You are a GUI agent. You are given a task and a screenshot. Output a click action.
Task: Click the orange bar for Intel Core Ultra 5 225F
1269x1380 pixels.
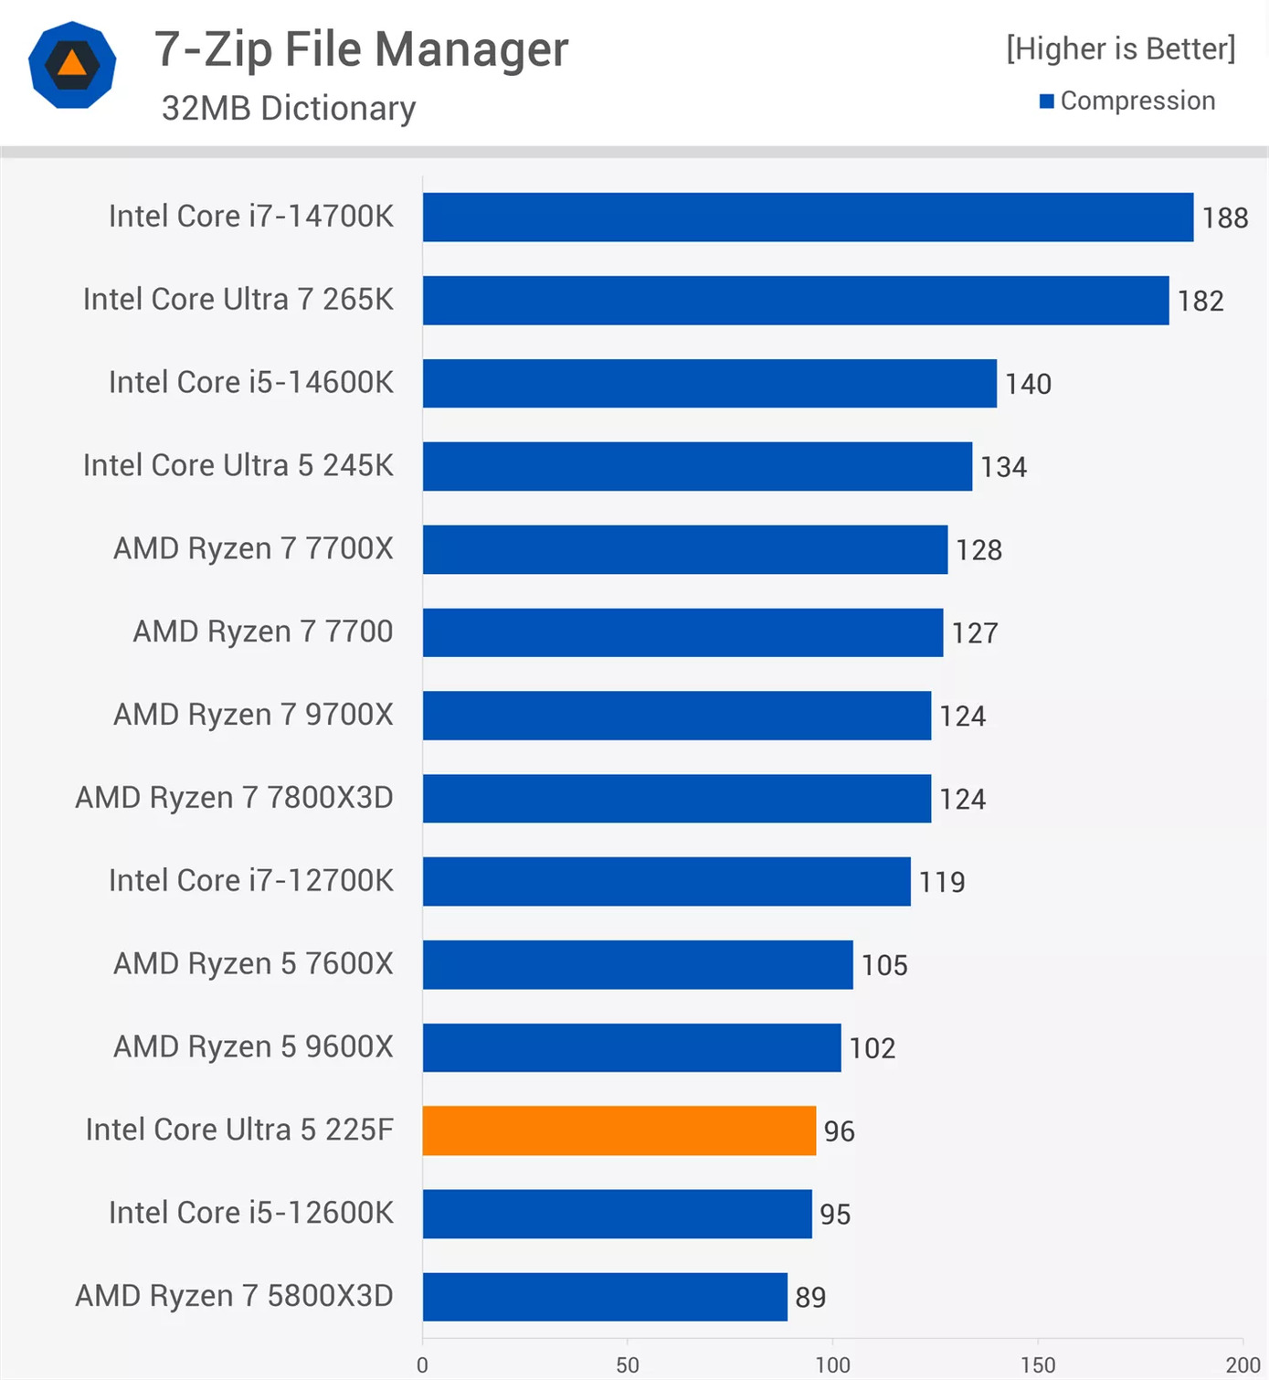tap(619, 1131)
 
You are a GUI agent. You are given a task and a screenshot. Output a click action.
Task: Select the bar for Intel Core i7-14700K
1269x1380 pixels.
tap(808, 218)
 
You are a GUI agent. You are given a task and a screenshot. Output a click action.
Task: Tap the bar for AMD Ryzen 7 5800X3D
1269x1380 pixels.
tap(605, 1297)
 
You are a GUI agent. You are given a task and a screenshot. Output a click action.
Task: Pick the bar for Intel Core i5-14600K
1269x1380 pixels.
tap(709, 383)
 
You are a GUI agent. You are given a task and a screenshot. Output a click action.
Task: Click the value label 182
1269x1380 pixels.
tap(1200, 301)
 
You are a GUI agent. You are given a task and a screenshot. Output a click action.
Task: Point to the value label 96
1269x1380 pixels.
tap(840, 1131)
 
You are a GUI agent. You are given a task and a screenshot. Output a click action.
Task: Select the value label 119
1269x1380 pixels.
tap(942, 882)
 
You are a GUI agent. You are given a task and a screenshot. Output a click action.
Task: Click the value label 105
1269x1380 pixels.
tap(884, 965)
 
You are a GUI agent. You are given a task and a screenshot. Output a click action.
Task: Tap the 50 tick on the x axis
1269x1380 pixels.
tap(628, 1365)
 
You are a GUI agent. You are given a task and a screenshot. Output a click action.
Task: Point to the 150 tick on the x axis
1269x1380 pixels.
tap(1038, 1365)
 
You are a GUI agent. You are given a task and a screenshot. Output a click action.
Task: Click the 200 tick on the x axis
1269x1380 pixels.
tap(1243, 1365)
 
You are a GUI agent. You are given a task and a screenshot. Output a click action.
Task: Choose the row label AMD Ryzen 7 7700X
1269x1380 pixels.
tap(253, 548)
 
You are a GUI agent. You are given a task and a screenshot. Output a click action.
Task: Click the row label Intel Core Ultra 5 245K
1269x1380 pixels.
tap(238, 465)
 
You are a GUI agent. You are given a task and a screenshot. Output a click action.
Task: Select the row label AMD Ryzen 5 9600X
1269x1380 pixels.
tap(253, 1046)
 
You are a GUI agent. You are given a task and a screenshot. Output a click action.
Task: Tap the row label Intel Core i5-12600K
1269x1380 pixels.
tap(250, 1213)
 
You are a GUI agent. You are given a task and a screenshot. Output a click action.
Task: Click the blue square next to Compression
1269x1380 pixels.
tap(1047, 101)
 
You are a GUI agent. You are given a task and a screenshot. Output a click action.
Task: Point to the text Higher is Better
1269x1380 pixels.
tap(1121, 48)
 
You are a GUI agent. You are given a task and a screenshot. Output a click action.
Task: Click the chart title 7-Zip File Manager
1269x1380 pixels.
tap(361, 49)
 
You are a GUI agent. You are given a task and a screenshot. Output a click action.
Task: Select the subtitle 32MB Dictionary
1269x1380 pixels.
tap(289, 108)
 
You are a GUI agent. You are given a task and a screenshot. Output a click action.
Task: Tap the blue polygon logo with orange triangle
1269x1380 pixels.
tap(72, 65)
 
